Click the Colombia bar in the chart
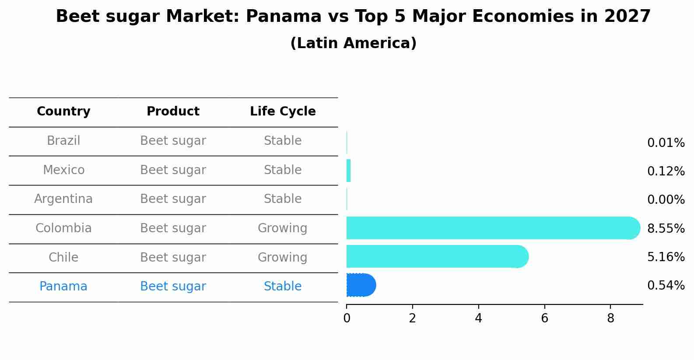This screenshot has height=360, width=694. (x=490, y=228)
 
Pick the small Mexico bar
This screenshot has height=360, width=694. (x=349, y=171)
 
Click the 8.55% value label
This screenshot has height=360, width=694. (x=666, y=228)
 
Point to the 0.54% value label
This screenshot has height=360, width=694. (x=666, y=286)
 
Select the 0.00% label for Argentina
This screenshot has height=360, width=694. (x=666, y=200)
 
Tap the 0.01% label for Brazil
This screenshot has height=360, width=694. (x=666, y=143)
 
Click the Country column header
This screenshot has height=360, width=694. (x=63, y=112)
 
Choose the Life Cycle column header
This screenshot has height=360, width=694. (x=283, y=112)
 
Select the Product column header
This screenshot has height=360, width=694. (x=173, y=112)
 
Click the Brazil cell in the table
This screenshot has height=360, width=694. (x=63, y=141)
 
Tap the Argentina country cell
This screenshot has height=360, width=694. (x=63, y=199)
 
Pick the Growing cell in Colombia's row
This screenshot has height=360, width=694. (x=282, y=228)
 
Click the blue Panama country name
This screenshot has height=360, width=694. (x=63, y=287)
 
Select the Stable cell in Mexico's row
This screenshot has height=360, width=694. (x=282, y=170)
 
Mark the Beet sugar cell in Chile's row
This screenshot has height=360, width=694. (x=173, y=258)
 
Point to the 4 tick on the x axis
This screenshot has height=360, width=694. (x=478, y=318)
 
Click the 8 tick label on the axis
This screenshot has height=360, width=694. (x=610, y=318)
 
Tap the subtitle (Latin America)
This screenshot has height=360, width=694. (x=353, y=43)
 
